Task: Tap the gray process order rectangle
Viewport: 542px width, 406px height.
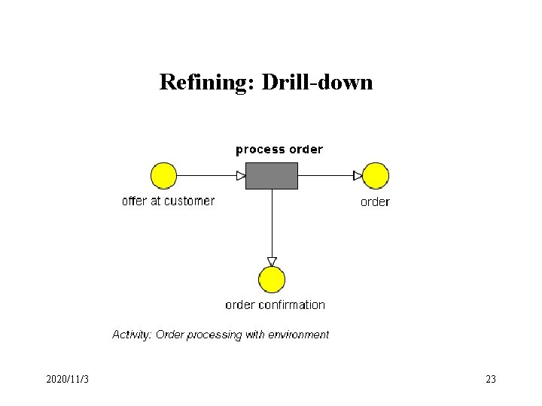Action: pyautogui.click(x=272, y=175)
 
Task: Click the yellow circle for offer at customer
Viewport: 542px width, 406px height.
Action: pyautogui.click(x=163, y=175)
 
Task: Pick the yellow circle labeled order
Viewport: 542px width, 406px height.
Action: pyautogui.click(x=376, y=175)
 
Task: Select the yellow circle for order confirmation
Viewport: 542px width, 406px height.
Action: pyautogui.click(x=272, y=280)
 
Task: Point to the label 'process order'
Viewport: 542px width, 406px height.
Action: pyautogui.click(x=279, y=149)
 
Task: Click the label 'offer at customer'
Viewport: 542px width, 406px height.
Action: pyautogui.click(x=168, y=201)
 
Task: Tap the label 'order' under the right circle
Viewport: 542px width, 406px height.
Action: pyautogui.click(x=375, y=201)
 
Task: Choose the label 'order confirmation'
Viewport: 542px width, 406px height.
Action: pyautogui.click(x=275, y=304)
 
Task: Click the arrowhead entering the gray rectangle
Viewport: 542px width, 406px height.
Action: pyautogui.click(x=241, y=176)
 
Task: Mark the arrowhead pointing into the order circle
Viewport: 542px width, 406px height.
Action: pyautogui.click(x=358, y=176)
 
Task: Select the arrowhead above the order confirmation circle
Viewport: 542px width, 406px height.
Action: pyautogui.click(x=272, y=262)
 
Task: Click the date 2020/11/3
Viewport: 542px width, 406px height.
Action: pyautogui.click(x=67, y=380)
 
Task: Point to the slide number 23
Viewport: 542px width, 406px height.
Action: pyautogui.click(x=491, y=380)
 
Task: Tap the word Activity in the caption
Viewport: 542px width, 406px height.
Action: pyautogui.click(x=131, y=334)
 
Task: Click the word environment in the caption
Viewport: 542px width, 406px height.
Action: pyautogui.click(x=298, y=334)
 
